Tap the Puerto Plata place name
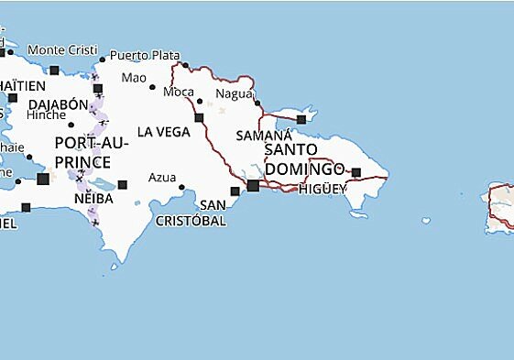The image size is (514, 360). click(146, 55)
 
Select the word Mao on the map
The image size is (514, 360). click(134, 77)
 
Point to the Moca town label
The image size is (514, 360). click(178, 92)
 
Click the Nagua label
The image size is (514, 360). click(233, 93)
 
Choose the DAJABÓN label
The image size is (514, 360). click(58, 104)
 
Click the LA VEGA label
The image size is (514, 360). click(164, 132)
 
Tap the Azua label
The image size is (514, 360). click(162, 177)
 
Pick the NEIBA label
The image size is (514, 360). click(95, 198)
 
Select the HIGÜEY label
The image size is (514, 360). click(323, 189)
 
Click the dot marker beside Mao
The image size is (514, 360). click(153, 87)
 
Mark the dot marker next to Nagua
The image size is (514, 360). click(257, 103)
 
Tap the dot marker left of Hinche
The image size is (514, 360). click(71, 124)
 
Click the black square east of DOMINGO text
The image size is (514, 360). click(356, 172)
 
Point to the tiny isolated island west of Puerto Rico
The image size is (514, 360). click(426, 220)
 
